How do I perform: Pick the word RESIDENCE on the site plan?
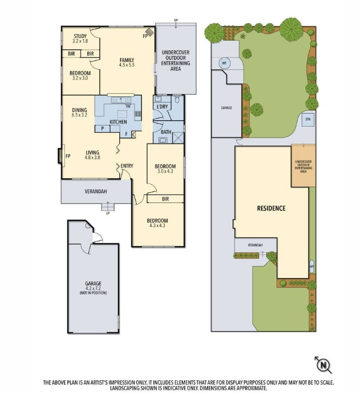[271, 208]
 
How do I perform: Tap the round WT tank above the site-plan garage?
[224, 63]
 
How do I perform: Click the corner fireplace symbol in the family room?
[149, 33]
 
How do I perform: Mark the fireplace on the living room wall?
[59, 156]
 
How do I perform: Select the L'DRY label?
[162, 107]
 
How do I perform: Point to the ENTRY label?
[127, 166]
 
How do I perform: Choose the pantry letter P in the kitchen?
[103, 128]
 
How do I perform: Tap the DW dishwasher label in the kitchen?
[128, 107]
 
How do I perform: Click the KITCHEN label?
[118, 122]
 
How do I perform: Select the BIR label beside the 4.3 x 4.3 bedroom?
[165, 199]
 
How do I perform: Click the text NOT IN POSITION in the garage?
[93, 293]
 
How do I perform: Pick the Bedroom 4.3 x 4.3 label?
[157, 223]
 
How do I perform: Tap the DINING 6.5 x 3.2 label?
[80, 112]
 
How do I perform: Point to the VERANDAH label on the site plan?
[255, 245]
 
